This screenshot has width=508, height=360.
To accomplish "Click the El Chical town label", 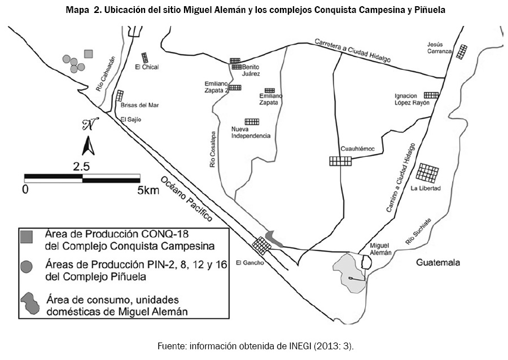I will [147, 67].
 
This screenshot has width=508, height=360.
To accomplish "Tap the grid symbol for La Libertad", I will [428, 173].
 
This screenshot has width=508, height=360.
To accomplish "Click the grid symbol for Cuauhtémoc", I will [340, 161].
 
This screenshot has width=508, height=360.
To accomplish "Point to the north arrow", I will [88, 146].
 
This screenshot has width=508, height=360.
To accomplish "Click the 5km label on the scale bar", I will [148, 190].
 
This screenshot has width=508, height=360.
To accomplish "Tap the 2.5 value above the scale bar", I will [81, 166].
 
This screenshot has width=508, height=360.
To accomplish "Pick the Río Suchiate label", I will [418, 232].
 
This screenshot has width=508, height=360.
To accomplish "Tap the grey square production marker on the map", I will [88, 54].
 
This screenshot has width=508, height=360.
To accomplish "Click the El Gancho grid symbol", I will [261, 245].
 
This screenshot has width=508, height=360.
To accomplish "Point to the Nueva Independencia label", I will [252, 133].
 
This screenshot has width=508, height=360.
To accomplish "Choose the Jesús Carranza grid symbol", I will [462, 52].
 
